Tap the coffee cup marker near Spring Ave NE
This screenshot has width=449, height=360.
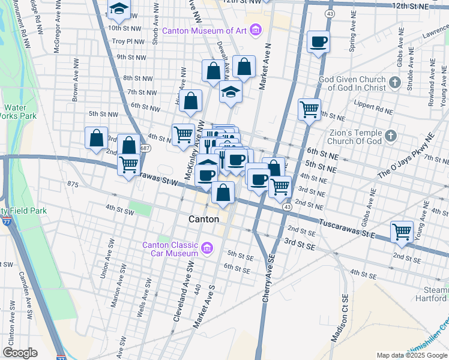pos(318,43)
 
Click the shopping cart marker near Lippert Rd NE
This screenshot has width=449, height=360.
pos(309,110)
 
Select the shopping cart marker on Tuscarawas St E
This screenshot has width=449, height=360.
pos(402,232)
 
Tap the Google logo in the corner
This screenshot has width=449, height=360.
pos(20,353)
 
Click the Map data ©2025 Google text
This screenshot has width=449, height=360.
pos(411,355)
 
